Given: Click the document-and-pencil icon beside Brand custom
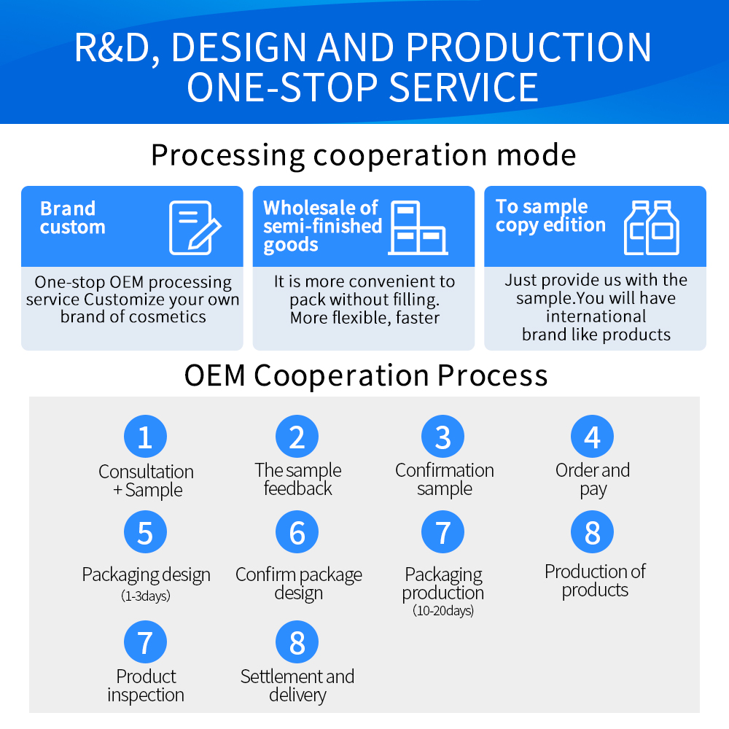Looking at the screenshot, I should (195, 227).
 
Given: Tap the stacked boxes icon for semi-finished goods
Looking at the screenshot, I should (417, 227).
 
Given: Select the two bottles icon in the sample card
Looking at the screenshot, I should (651, 227).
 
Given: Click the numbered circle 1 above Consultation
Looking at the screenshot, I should (145, 437).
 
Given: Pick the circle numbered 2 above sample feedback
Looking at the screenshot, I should (297, 437).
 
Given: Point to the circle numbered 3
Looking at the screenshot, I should (443, 437).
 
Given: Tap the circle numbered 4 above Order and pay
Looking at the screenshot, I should (592, 437).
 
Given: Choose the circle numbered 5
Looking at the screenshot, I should (145, 532).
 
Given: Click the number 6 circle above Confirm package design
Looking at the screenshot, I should (297, 532).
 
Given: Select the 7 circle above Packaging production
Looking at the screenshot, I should (443, 532).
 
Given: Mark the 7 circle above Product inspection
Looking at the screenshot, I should (145, 642).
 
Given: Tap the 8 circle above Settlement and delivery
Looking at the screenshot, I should (297, 642).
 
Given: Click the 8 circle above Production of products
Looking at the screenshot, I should (592, 532).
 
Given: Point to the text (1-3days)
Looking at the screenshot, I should (146, 596).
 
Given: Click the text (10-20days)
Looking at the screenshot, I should (443, 611).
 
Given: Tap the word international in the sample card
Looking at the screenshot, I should (596, 316).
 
